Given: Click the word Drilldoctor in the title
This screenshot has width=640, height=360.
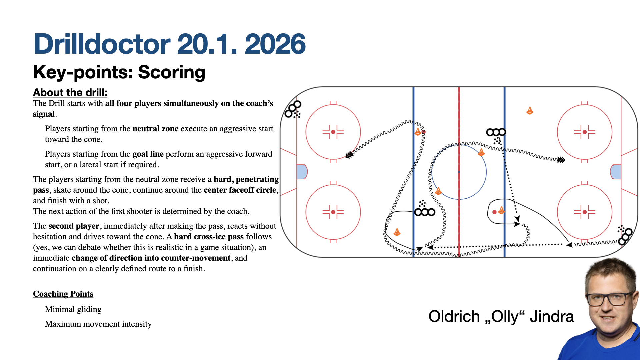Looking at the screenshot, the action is (102, 44).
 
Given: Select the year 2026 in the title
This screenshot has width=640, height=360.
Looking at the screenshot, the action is (275, 44).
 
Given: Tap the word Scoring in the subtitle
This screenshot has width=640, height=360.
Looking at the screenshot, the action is (172, 72).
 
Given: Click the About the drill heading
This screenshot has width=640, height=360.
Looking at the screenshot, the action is (70, 92).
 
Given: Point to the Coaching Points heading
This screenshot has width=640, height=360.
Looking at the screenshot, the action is (63, 294).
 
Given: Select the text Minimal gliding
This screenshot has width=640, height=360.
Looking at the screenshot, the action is (73, 309).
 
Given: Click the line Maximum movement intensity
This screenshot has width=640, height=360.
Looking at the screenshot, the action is (98, 324).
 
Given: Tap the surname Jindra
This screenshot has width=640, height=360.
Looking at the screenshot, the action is (552, 316).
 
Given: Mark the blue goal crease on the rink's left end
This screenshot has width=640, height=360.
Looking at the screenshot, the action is (302, 172).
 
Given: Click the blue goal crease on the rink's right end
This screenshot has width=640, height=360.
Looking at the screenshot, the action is (616, 172).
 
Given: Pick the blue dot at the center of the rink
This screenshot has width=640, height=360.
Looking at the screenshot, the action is (459, 172).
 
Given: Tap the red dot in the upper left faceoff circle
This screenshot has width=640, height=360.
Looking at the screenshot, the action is (333, 132).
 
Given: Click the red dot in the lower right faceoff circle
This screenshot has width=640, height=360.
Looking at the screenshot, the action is (585, 212).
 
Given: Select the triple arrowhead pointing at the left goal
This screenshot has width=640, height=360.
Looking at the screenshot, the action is (349, 155).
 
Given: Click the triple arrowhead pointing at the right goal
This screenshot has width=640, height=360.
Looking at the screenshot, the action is (561, 160).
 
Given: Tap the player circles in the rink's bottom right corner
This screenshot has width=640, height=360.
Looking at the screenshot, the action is (625, 236).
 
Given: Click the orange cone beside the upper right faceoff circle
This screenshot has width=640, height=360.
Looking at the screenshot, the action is (530, 110).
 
